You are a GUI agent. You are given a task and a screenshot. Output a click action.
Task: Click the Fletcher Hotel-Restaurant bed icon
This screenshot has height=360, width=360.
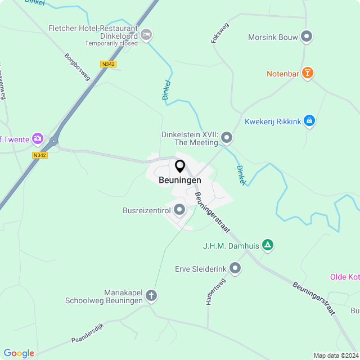146,35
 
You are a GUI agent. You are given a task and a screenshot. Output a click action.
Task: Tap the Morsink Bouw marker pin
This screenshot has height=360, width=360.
307,37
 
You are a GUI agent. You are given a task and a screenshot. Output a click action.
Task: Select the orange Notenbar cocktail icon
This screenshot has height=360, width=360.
307,73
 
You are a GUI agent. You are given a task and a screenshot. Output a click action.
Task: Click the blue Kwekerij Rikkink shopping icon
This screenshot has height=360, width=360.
309,120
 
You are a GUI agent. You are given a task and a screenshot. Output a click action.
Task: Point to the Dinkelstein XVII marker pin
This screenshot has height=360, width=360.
227,137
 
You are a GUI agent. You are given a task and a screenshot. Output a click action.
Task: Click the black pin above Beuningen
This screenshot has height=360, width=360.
180,166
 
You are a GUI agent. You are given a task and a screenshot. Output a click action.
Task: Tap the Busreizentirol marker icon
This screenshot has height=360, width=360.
180,210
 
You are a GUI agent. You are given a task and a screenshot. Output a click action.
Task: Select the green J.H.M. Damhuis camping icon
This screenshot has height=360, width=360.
268,245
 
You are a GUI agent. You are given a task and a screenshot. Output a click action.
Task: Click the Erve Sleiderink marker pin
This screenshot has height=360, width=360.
235,269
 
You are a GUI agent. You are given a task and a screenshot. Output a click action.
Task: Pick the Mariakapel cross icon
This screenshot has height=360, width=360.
151,295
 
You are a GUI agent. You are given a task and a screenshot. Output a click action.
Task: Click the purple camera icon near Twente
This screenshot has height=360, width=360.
38,138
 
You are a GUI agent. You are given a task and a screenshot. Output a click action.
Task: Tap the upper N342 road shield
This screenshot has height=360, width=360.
109,64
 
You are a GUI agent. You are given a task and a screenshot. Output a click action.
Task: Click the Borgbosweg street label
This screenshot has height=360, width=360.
78,67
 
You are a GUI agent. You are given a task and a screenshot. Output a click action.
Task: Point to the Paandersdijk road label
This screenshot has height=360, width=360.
88,332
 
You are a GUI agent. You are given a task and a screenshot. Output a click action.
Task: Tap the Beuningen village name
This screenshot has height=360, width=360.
180,180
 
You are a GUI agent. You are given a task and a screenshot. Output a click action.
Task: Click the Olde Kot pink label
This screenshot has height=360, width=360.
344,277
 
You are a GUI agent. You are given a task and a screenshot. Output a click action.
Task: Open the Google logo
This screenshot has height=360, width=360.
19,353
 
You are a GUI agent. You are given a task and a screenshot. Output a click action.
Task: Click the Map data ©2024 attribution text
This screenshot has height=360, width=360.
335,355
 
